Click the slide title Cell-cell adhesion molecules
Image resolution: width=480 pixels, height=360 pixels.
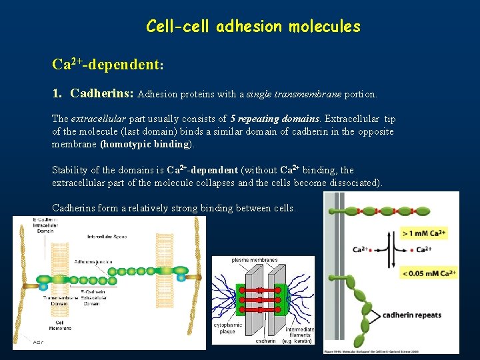(x=253, y=27)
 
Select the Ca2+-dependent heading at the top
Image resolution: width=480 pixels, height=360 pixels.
(x=108, y=65)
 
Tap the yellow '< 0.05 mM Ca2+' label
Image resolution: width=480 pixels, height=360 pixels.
(x=429, y=273)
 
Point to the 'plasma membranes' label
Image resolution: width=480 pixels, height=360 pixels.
(x=254, y=259)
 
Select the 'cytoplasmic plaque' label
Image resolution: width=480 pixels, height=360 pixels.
(x=225, y=328)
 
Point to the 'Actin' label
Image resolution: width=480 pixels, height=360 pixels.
(x=39, y=343)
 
